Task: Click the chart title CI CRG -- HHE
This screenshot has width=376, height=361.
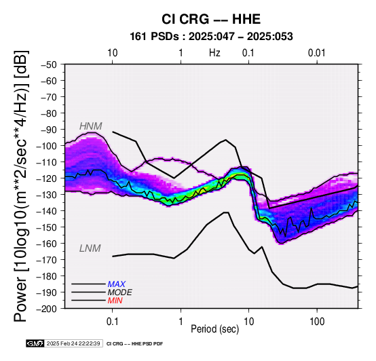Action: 211,19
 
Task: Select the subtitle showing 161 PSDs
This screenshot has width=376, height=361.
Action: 211,37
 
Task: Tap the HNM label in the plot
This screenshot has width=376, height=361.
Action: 91,126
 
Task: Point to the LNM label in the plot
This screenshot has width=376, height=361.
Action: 90,248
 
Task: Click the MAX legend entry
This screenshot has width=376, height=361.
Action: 116,284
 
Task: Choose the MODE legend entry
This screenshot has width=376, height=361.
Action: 119,292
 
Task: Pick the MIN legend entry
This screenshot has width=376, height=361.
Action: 115,301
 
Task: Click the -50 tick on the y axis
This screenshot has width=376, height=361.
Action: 49,64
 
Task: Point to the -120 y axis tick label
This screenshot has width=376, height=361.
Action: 47,178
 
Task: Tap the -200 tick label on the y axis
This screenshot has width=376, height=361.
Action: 47,309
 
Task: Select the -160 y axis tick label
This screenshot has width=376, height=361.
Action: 47,244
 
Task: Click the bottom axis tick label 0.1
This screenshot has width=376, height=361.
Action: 112,322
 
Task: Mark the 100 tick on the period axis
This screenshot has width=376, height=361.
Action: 317,322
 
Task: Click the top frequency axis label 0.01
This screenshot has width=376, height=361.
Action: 317,53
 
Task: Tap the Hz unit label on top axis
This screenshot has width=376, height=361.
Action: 214,53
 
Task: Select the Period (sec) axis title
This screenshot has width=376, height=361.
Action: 215,329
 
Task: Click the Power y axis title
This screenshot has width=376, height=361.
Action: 20,186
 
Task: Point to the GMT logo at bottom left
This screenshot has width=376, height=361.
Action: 35,343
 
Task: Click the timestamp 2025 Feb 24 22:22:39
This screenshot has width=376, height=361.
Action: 73,343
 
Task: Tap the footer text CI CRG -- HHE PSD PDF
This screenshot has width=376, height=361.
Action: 135,344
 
